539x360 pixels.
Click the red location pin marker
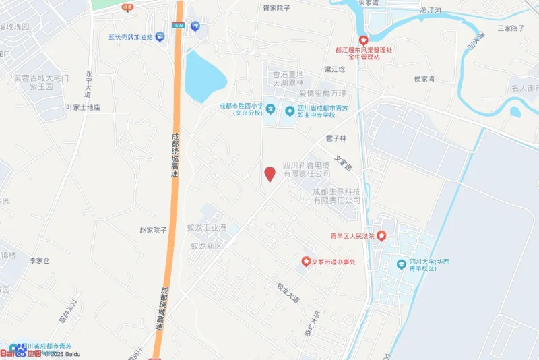[x=269, y=174]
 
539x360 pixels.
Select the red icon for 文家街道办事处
[x=306, y=261]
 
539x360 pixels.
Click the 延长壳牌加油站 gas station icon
[x=160, y=36]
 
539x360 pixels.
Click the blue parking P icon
[x=195, y=26]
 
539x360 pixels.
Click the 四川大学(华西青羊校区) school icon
[x=402, y=263]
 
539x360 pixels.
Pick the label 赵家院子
[x=153, y=230]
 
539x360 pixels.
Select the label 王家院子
[x=511, y=28]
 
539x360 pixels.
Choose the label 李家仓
[x=40, y=260]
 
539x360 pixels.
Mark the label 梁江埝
[x=335, y=69]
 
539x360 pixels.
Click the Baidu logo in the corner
[x=20, y=352]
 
